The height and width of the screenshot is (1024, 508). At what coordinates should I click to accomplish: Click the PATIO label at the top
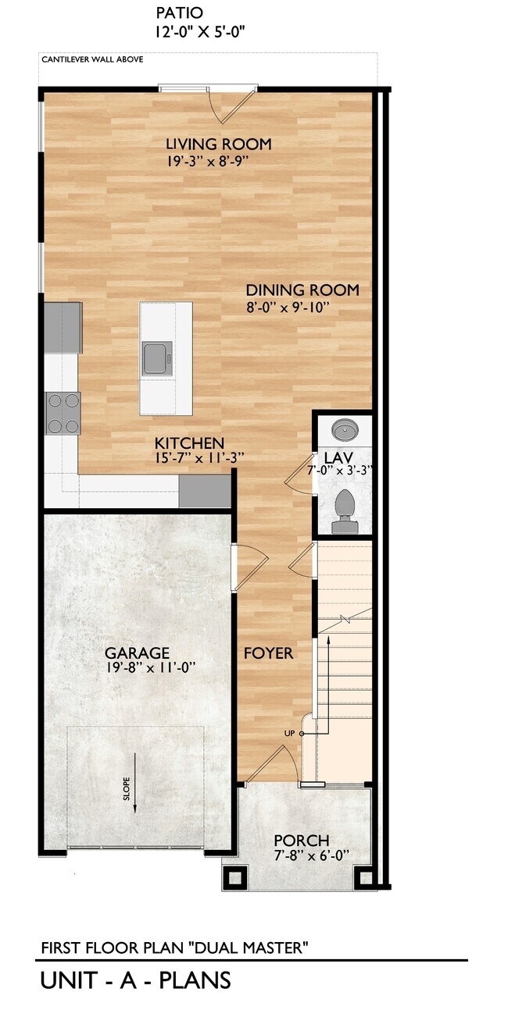(179, 13)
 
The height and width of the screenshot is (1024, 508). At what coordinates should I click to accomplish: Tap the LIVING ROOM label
(218, 144)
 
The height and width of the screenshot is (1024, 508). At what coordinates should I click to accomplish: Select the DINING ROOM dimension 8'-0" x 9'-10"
(288, 308)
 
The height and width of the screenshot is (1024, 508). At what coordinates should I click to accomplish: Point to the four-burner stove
(63, 413)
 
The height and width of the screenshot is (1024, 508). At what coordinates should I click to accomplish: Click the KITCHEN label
(189, 443)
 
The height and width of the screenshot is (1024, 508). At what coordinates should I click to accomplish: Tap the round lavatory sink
(344, 430)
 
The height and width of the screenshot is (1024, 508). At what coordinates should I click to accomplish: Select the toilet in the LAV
(344, 511)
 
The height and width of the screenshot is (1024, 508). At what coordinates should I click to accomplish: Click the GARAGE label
(138, 653)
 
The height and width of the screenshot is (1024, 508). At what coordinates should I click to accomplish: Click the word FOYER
(268, 653)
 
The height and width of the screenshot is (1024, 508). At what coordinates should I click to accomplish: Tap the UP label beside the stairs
(290, 734)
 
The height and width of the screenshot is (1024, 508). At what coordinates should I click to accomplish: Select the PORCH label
(301, 841)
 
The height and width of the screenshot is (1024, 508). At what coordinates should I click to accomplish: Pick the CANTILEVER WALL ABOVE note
(91, 59)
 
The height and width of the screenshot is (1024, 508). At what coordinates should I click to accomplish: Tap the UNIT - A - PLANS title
(135, 980)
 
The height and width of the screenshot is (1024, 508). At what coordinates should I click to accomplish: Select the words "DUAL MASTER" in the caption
(257, 948)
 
